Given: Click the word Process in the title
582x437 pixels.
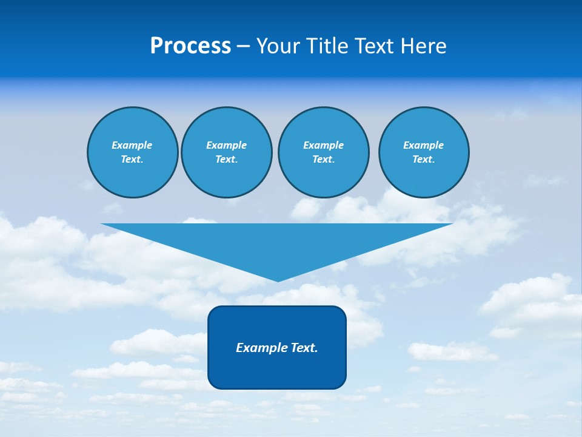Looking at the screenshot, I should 190,46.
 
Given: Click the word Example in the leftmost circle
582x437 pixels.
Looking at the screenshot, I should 132,145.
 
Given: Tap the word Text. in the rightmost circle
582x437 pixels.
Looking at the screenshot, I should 424,160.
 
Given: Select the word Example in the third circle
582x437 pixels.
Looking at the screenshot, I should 324,145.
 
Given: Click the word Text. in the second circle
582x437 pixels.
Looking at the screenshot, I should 227,160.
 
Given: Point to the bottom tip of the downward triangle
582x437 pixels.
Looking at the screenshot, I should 278,280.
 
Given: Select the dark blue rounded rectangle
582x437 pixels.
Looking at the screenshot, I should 277,370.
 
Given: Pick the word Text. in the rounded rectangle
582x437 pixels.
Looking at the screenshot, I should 305,348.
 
